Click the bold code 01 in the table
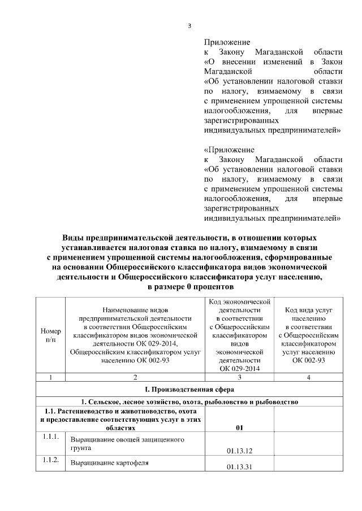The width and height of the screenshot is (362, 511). click(x=239, y=427)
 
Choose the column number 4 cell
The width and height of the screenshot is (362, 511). click(x=308, y=377)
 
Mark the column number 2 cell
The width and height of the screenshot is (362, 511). click(x=135, y=377)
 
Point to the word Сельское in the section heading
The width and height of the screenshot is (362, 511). click(x=104, y=401)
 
